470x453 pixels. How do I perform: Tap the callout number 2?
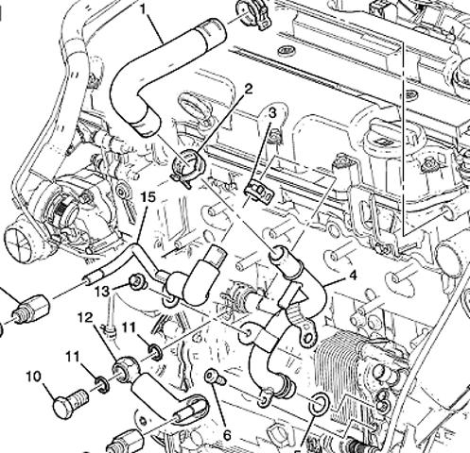(249, 89)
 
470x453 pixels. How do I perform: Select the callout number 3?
(271, 112)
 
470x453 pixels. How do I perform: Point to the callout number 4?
(353, 276)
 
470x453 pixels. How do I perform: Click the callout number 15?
(148, 197)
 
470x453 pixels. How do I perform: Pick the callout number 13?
(103, 291)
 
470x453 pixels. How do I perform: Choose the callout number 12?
(85, 318)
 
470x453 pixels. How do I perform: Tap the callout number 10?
(33, 377)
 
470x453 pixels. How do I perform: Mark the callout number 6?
(227, 436)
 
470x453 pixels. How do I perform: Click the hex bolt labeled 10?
(69, 402)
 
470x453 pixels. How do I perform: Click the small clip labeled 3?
(259, 191)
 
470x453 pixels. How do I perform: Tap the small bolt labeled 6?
(216, 377)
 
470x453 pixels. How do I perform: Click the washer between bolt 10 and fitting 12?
(102, 384)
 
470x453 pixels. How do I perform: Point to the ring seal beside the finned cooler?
(319, 403)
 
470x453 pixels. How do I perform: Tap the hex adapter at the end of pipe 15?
(30, 309)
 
